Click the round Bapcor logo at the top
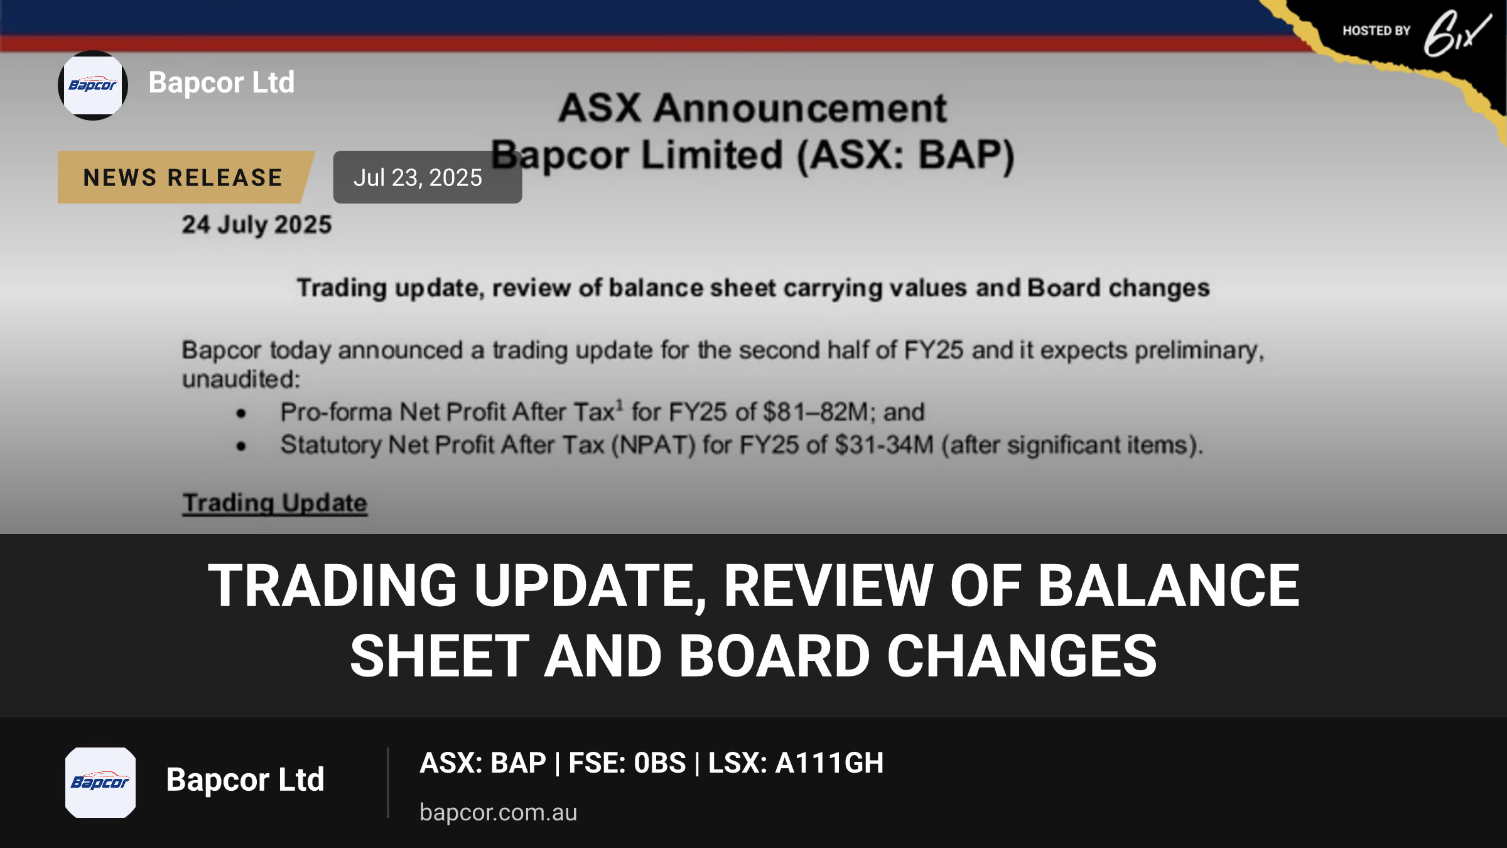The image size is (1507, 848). pos(93,85)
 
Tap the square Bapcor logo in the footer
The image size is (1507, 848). pos(100,782)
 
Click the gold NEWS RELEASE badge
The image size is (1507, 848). pos(183,177)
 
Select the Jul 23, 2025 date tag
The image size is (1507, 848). pos(427,177)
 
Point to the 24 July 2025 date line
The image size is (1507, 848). pos(257,225)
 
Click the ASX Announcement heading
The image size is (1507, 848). pos(752,108)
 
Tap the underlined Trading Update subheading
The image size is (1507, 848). pos(275,503)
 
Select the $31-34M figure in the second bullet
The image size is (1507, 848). pos(885,445)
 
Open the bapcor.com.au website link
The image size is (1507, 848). pos(499,812)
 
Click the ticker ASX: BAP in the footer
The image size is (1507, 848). pos(483,763)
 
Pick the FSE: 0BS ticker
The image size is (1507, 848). pos(627,763)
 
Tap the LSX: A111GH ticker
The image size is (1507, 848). pos(796,763)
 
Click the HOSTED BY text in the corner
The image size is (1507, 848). pos(1376,31)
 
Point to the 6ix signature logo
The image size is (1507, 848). pos(1457,33)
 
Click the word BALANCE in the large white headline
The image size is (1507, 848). pos(1169,585)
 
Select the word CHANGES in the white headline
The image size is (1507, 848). pos(1022,656)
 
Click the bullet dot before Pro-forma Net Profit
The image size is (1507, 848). pos(241,413)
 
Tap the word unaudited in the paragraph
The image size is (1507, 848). pos(241,379)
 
